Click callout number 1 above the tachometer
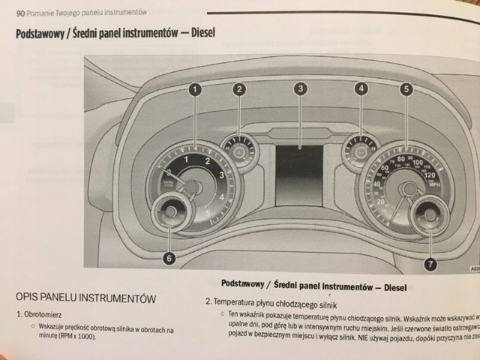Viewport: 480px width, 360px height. click(195, 90)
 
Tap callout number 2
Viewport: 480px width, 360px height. click(239, 90)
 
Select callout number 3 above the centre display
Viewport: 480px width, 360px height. click(300, 89)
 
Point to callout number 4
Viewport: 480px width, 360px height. click(362, 89)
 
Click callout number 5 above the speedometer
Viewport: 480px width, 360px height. click(406, 90)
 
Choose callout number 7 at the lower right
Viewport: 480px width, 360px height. click(430, 263)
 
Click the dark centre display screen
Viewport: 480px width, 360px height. click(299, 174)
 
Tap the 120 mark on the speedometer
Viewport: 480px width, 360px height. click(429, 175)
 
